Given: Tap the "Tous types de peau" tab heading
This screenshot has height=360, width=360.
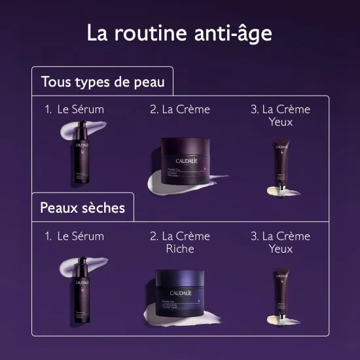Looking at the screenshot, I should pos(102,82).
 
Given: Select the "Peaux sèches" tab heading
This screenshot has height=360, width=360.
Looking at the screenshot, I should pos(82,208).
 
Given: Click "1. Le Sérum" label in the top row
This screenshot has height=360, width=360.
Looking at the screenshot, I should pos(75,109).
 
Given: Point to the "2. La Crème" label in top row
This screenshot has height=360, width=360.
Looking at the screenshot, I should pos(180,109).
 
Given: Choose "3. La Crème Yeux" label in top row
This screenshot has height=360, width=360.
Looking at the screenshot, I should pos(280,115).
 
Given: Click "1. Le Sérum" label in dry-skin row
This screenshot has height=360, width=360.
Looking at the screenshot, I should pos(75,236).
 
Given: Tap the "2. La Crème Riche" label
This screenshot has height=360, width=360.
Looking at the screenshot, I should pos(180,242).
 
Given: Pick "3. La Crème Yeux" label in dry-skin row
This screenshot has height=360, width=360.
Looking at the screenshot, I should pos(280,242).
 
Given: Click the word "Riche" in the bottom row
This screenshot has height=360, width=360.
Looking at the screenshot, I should pos(180,249).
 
